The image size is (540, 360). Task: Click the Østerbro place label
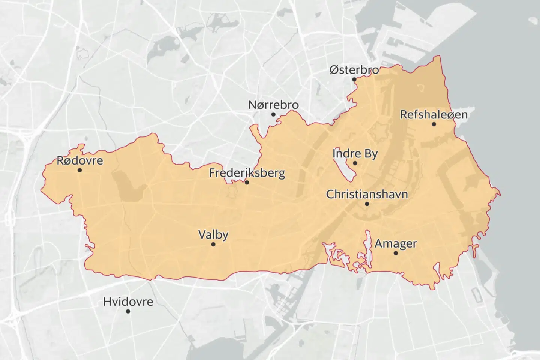pos(354,70)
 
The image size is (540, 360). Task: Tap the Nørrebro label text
pos(273,105)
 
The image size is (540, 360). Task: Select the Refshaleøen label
pos(433,114)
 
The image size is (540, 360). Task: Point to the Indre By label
pos(355,154)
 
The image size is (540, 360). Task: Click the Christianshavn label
pos(367,195)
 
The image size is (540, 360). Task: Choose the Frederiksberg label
pos(247,173)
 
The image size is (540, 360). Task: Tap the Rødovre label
pos(79,161)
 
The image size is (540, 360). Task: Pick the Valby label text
pos(213,235)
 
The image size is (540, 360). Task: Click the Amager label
pos(395,243)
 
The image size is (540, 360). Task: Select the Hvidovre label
pos(128,301)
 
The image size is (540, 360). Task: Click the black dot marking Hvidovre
pos(128,311)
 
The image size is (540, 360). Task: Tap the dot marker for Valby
pos(213,244)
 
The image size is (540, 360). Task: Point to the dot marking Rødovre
pos(79,170)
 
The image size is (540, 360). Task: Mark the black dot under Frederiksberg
pos(247,182)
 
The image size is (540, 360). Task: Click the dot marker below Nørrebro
pos(273,114)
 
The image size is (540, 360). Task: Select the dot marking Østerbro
pos(354,79)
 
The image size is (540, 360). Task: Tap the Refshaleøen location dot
pos(433,124)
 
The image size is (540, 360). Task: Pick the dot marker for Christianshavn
pos(367,204)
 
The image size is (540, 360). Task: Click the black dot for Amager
pos(395,253)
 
